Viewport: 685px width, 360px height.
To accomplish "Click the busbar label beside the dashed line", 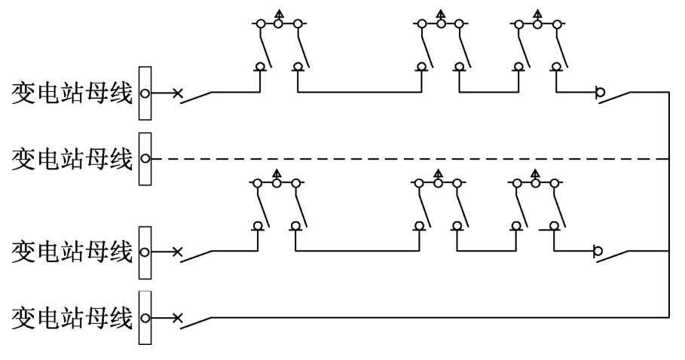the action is tap(72, 159).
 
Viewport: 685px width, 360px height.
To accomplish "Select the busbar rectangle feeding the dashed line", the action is tap(145, 159).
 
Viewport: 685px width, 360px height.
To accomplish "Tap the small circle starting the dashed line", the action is tap(145, 159).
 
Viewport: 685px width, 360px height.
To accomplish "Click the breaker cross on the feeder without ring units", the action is tap(177, 318).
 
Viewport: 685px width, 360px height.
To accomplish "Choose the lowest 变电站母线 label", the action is tap(72, 318).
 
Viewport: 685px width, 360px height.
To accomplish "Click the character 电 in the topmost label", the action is tap(47, 93).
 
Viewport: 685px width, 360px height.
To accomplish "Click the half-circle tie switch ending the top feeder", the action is tap(601, 93).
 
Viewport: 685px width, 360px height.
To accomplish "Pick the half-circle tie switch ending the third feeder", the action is tap(598, 252).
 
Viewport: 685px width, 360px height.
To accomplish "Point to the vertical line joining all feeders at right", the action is tap(669, 205).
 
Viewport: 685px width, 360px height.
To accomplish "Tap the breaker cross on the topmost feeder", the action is tap(177, 93).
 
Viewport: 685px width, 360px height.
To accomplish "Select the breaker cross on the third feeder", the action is tap(177, 252).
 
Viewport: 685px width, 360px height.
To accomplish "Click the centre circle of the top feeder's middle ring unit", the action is tap(441, 23).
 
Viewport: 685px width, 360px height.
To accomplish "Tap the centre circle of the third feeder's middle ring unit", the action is tap(438, 183).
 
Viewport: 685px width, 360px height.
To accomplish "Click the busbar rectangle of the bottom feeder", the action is tap(145, 318).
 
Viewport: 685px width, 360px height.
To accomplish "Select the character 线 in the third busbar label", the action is tap(121, 252).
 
